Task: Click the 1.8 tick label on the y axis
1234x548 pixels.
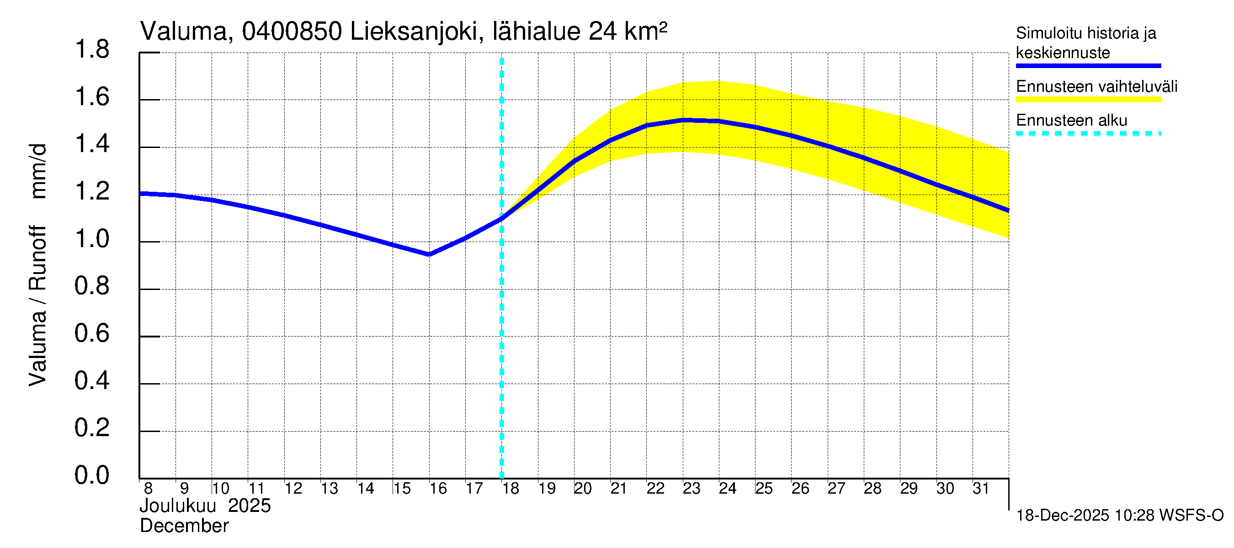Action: [92, 50]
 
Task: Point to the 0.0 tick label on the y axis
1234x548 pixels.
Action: [92, 475]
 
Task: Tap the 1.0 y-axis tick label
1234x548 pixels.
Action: [92, 239]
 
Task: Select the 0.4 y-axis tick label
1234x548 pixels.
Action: [92, 381]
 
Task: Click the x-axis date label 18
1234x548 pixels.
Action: [511, 489]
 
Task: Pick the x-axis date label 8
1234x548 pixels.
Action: [148, 489]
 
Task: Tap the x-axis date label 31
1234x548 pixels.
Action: [981, 489]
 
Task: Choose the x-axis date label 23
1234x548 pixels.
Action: [691, 489]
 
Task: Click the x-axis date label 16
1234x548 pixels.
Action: [438, 489]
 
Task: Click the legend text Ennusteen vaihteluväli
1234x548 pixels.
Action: [1096, 87]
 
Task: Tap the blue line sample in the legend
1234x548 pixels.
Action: [1088, 66]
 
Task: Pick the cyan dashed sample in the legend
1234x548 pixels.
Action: [1088, 133]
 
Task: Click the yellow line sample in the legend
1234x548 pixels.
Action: [1088, 100]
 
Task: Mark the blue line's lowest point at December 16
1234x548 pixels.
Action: [429, 255]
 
